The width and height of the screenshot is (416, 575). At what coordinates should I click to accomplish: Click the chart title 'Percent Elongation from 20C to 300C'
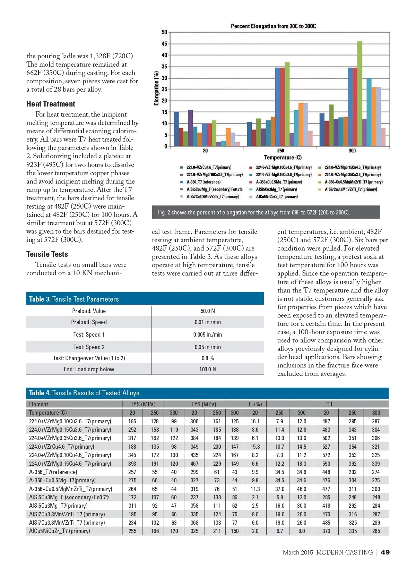pos(273,26)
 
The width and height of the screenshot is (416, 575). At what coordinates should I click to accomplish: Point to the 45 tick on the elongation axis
pos(164,44)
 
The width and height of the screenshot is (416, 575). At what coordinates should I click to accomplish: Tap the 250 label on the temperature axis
pos(280,151)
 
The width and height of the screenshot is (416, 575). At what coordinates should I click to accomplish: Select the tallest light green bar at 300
pos(359,94)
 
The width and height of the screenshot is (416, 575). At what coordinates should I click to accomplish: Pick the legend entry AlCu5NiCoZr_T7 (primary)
pos(276,197)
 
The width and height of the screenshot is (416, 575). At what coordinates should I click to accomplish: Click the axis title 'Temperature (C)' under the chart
pos(283,158)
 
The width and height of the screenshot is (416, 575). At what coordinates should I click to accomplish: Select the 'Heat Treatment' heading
pos(51,104)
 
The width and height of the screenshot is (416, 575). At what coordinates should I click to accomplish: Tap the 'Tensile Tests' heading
pos(47,254)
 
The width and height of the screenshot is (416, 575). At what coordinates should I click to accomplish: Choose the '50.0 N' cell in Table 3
pos(207,311)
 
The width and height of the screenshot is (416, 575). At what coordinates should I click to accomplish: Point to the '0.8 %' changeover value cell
pos(207,358)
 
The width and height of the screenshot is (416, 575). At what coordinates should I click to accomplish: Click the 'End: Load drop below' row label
pos(89,369)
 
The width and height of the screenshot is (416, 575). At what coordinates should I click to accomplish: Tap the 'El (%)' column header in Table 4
pos(255,404)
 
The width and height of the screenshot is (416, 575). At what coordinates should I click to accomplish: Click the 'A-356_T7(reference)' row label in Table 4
pos(53,472)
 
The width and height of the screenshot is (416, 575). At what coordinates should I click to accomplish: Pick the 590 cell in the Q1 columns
pos(326,464)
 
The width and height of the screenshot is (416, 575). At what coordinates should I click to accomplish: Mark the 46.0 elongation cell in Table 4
pos(302,489)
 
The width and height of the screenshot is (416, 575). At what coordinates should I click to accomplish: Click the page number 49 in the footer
pos(385,552)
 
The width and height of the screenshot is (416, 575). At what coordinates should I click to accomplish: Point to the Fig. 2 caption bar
pos(266,212)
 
